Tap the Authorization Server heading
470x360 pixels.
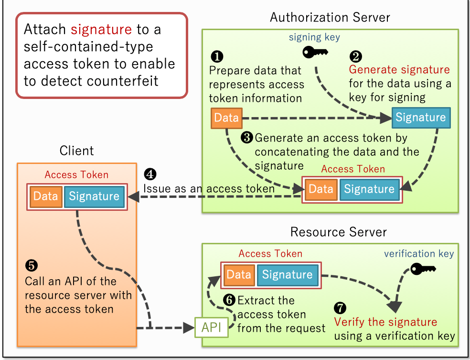(330, 18)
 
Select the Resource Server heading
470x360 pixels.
(338, 232)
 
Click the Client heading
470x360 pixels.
(76, 151)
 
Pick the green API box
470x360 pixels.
(211, 328)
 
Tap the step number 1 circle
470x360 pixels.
(216, 56)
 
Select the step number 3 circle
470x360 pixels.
(246, 138)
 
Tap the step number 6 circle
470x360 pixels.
(229, 300)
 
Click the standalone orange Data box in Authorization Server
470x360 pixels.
(226, 118)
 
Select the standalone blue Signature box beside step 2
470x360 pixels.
(420, 118)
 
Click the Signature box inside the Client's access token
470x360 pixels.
(94, 196)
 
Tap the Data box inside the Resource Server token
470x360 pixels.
(239, 274)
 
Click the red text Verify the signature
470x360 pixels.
(385, 322)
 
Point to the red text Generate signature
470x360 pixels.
(399, 70)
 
